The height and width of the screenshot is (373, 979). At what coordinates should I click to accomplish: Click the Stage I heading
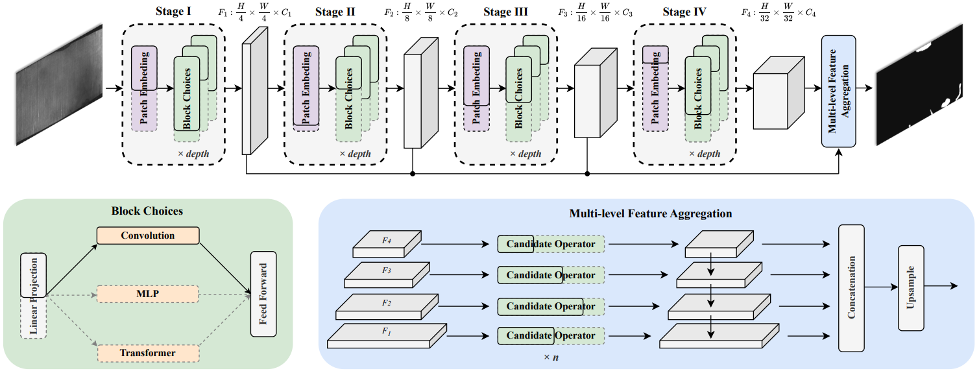click(174, 12)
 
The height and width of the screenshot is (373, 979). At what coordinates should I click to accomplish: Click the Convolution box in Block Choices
click(148, 235)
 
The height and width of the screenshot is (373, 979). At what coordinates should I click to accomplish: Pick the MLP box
click(148, 295)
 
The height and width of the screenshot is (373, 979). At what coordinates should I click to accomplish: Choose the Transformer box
click(148, 353)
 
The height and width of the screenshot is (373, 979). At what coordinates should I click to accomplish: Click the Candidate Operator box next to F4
click(550, 244)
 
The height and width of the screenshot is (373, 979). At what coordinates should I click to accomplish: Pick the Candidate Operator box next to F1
click(550, 335)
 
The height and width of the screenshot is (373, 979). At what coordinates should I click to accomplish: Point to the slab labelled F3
click(387, 274)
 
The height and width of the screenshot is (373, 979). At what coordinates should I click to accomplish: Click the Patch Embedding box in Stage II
click(306, 88)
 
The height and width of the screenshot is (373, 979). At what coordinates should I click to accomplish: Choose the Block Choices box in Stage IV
click(698, 93)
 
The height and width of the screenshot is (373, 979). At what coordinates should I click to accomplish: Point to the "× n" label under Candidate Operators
click(550, 357)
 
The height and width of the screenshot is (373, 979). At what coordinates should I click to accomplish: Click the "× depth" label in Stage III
click(526, 154)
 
